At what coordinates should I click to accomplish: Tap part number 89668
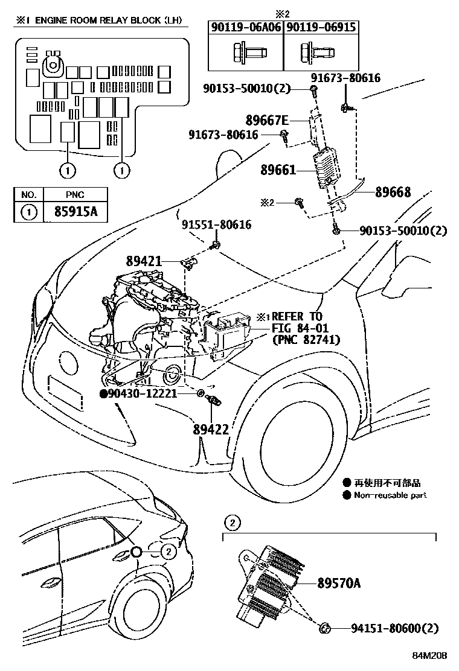393,192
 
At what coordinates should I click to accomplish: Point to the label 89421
144,261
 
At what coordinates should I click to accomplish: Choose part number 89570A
338,583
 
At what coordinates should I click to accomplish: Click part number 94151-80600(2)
394,629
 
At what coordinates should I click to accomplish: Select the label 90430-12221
143,393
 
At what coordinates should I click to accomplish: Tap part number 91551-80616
216,225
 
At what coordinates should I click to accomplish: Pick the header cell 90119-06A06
246,27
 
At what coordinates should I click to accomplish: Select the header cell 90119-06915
321,27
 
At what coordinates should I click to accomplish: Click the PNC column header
77,194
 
